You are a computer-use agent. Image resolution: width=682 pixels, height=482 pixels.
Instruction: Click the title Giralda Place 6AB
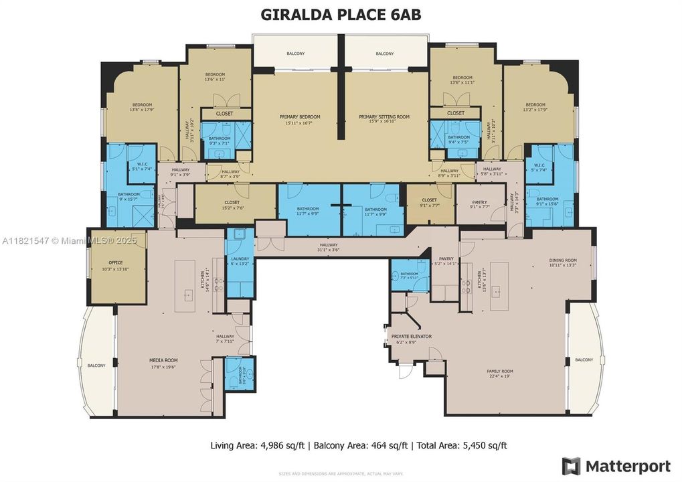(341, 15)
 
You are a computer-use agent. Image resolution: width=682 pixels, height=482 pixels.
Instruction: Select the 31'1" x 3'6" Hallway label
(329, 248)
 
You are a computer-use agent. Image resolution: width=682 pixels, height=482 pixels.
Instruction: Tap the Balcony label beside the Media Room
(96, 365)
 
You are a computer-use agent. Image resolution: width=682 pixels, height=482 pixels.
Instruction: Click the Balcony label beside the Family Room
(584, 359)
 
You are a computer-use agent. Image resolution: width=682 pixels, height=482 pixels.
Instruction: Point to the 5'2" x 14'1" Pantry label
(444, 260)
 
